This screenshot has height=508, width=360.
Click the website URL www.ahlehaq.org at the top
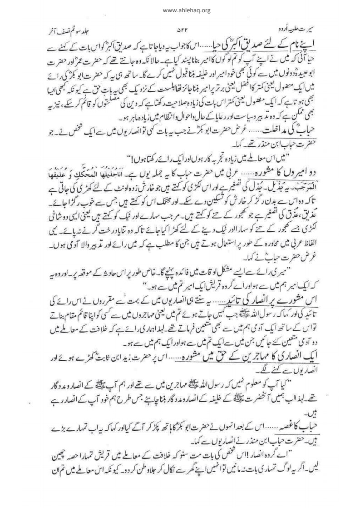[x=180, y=10]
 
